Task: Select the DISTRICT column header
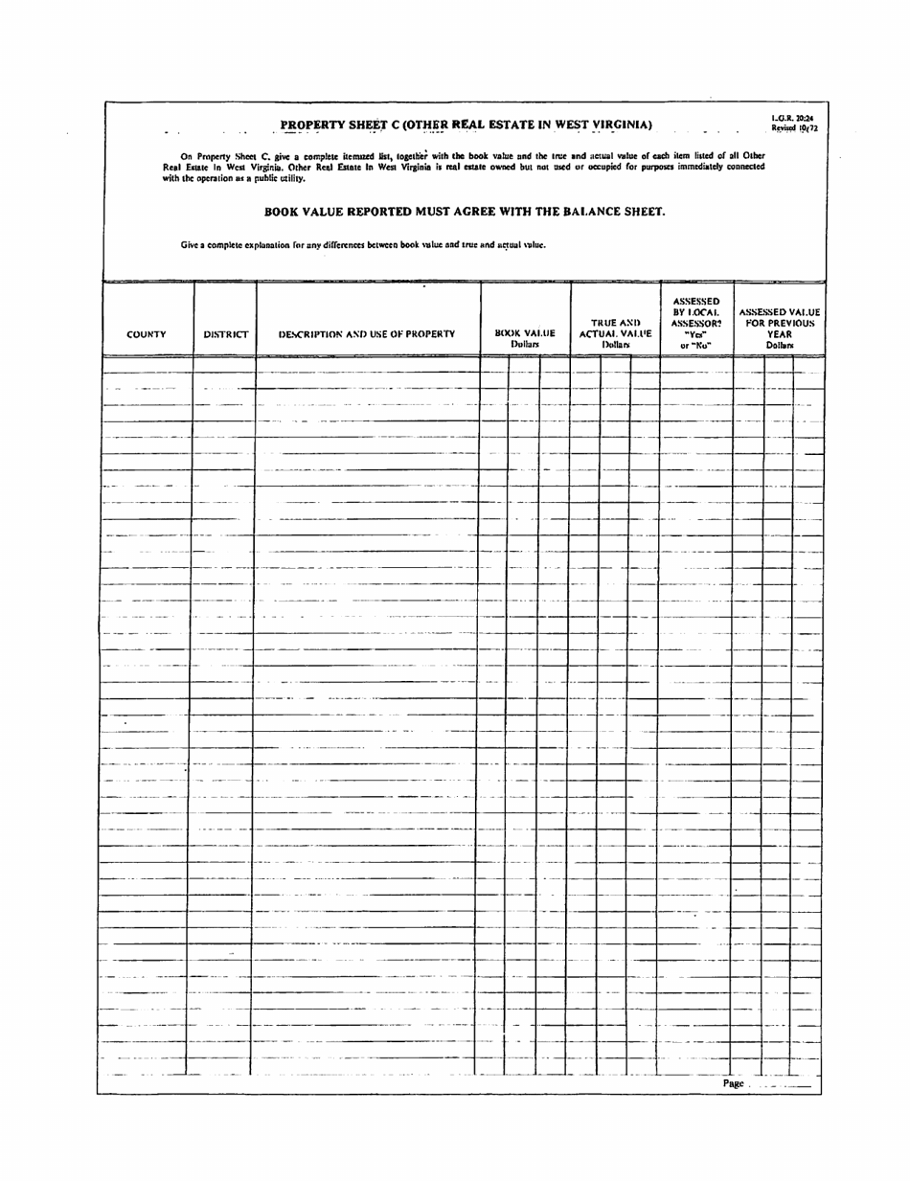(225, 335)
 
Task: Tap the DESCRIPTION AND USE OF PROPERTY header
(368, 335)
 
